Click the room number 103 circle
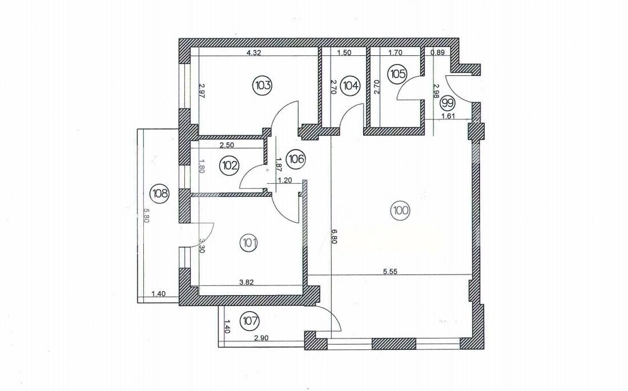tap(262, 85)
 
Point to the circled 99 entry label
tap(448, 103)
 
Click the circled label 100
tap(401, 211)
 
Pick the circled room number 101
tap(249, 243)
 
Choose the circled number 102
tap(230, 164)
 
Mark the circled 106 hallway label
tap(296, 159)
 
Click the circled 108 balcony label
tap(159, 194)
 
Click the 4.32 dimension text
tap(254, 52)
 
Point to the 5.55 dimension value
tap(390, 271)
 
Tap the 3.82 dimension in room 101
tap(246, 283)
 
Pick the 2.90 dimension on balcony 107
tap(261, 338)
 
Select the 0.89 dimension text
tap(438, 52)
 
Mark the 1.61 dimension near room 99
tap(448, 116)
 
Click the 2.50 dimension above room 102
tap(226, 145)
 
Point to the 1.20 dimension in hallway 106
tap(284, 180)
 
